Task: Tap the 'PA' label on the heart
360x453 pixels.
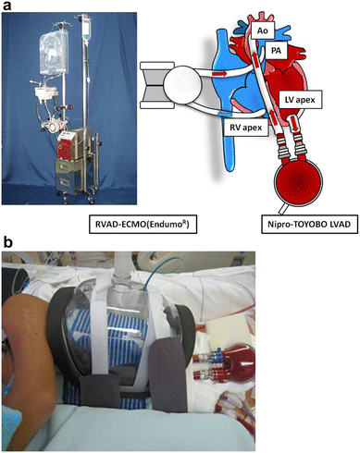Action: tap(276, 51)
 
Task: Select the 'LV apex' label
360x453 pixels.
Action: tap(300, 100)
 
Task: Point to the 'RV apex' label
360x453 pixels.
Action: tap(246, 127)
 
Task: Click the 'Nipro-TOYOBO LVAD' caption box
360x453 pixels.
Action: tap(310, 224)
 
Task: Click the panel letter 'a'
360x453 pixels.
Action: tap(6, 6)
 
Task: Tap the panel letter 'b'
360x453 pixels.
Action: tap(7, 242)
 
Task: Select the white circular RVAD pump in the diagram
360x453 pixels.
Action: tap(182, 85)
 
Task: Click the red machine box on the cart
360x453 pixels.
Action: tap(66, 146)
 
